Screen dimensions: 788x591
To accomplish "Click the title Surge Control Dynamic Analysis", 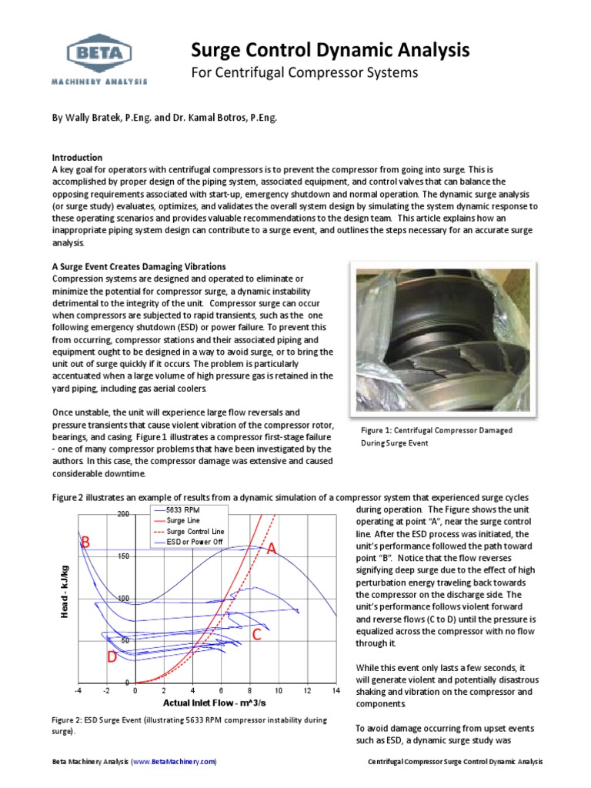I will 329,51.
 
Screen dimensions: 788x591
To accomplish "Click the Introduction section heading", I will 76,157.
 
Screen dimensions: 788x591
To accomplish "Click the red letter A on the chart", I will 271,549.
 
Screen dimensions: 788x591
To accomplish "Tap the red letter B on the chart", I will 86,543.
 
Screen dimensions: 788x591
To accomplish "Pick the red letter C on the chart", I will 256,635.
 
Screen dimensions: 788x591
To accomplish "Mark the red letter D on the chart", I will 112,658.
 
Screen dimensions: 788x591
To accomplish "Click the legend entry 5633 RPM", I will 187,509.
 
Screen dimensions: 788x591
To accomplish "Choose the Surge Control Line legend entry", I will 195,531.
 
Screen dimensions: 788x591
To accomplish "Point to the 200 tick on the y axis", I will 123,514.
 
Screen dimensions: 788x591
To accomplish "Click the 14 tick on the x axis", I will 336,691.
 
